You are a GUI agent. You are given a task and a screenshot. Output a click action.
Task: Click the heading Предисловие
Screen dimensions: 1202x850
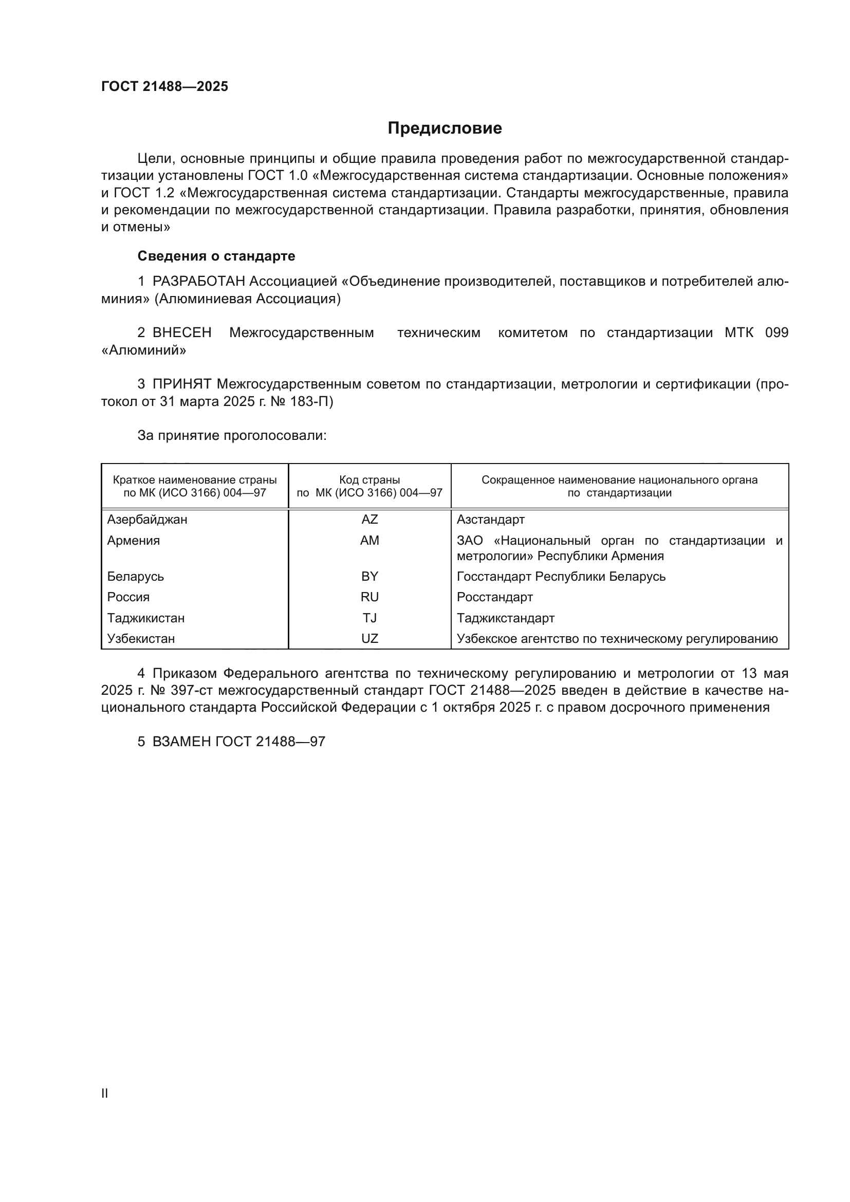point(445,128)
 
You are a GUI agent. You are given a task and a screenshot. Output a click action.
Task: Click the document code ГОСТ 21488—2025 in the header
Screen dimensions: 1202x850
point(165,86)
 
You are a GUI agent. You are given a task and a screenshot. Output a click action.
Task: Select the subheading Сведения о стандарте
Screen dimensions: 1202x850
point(216,256)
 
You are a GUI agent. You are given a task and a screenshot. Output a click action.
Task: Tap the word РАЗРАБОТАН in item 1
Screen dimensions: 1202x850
point(199,282)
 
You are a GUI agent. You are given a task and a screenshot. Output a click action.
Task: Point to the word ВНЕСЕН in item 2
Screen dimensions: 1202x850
point(182,333)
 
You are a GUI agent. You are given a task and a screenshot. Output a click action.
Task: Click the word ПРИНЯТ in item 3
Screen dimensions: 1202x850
point(182,384)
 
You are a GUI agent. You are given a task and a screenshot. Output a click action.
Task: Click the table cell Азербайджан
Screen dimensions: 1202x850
point(147,520)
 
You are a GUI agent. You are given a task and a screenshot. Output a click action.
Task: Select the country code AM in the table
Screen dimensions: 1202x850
point(369,541)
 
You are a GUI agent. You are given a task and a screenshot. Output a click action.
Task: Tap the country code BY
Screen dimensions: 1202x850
point(369,577)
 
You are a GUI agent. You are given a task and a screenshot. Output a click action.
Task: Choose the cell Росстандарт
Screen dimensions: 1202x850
point(494,597)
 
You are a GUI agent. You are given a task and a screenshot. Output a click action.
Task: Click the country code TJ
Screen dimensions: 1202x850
point(369,618)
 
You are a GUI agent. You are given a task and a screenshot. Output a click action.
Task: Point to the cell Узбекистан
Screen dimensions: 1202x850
point(141,639)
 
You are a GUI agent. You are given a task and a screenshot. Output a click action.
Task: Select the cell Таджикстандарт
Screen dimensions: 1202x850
point(506,618)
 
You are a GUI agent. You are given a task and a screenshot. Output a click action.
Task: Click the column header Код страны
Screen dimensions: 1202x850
point(369,480)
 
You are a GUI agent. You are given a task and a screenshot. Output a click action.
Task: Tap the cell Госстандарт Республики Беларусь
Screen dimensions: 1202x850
point(561,577)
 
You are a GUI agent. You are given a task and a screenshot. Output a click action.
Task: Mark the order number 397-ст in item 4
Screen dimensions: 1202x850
point(191,691)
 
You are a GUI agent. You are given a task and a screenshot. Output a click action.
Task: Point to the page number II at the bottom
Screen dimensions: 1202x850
point(105,1093)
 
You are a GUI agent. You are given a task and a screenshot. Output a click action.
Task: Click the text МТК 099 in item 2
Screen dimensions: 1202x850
point(756,333)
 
